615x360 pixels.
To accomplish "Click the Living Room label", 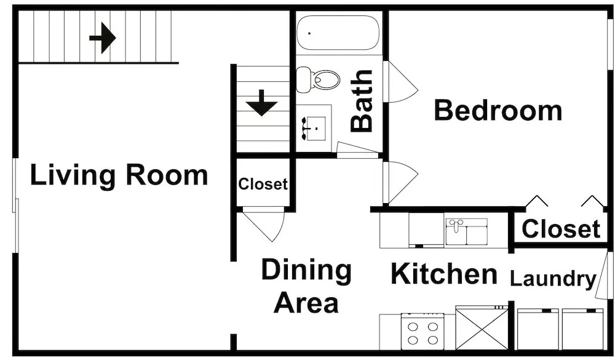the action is point(119,175).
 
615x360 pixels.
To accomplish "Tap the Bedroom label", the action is point(498,110).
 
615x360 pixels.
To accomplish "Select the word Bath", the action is point(362,100).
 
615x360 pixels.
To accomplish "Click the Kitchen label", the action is point(444,274).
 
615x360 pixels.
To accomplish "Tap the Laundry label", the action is point(553,279).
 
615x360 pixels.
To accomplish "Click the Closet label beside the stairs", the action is point(263,184).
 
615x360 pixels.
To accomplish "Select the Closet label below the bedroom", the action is point(561,229).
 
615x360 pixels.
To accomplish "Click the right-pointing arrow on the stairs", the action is point(102,38).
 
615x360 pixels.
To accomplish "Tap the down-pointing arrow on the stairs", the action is point(261,103).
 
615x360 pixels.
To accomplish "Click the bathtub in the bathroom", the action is point(337,33).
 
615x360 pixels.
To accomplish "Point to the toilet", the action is point(318,79).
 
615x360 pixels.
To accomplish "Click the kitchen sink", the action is point(466,232).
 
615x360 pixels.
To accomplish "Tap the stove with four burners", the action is point(423,331).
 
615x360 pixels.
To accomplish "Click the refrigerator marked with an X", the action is point(482,328).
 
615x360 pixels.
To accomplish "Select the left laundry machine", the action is point(538,329).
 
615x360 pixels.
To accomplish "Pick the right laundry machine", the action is point(583,329).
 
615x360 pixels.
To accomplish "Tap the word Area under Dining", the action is point(306,303).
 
